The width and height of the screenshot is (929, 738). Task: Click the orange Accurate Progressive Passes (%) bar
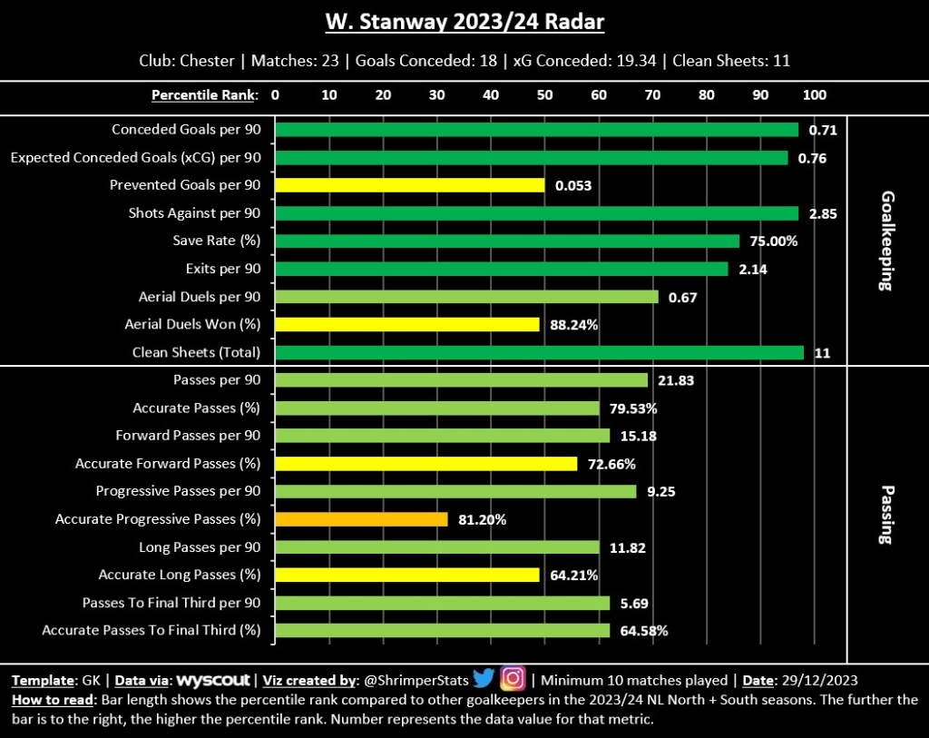(361, 519)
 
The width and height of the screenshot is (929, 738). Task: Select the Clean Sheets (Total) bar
(539, 352)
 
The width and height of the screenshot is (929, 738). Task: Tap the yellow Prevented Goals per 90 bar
(409, 185)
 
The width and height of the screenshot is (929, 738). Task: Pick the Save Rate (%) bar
(507, 241)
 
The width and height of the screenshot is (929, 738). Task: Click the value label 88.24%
(574, 325)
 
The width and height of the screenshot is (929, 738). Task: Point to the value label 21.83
(676, 380)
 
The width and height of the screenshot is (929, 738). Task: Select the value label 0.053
(573, 185)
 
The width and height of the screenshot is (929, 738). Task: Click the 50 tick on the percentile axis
(545, 94)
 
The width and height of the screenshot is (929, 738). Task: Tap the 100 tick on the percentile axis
(815, 94)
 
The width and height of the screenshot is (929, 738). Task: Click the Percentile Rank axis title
(204, 94)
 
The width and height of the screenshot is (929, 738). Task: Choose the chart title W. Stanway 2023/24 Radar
(464, 22)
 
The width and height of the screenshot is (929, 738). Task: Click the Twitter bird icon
(483, 679)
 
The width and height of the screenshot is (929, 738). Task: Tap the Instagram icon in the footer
(513, 679)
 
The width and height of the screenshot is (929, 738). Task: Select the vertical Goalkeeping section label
(886, 241)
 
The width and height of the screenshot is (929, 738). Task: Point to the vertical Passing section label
(886, 513)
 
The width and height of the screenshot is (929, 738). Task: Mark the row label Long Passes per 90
(200, 547)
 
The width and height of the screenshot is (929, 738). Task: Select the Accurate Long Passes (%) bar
(407, 575)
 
